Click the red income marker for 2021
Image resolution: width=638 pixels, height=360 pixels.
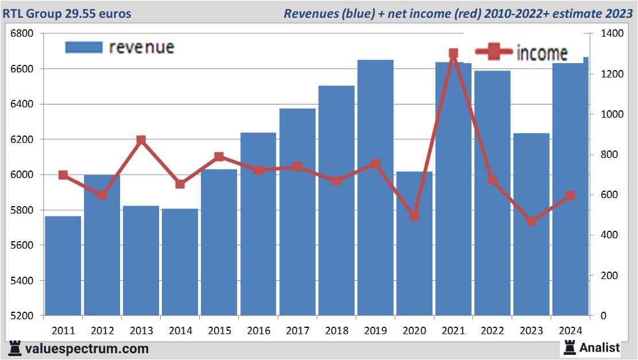pyautogui.click(x=454, y=53)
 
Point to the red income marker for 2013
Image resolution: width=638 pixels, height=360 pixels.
pyautogui.click(x=141, y=141)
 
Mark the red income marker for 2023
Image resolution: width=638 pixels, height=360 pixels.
pyautogui.click(x=532, y=221)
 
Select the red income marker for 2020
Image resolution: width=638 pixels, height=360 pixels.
pyautogui.click(x=415, y=216)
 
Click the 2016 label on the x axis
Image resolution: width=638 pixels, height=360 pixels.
pyautogui.click(x=258, y=331)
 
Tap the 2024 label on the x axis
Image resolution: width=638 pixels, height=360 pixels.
pyautogui.click(x=571, y=331)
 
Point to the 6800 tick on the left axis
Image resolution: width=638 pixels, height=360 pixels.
pyautogui.click(x=22, y=33)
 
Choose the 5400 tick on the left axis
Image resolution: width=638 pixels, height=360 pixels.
pyautogui.click(x=22, y=281)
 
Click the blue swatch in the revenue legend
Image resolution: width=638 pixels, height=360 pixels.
pyautogui.click(x=83, y=47)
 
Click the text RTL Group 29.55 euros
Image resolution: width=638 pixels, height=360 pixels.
pyautogui.click(x=67, y=13)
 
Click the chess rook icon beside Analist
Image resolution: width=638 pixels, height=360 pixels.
pyautogui.click(x=570, y=347)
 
